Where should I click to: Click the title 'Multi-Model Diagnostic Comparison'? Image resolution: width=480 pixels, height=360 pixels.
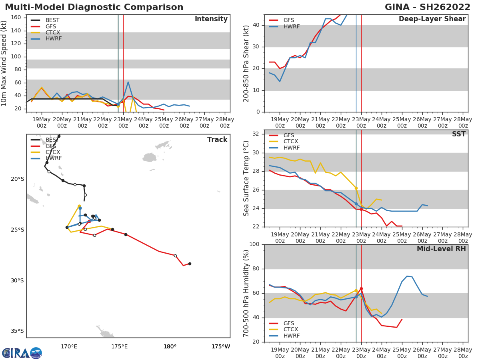tap(94, 7)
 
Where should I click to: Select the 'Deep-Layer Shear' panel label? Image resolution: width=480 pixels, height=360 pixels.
tap(432, 19)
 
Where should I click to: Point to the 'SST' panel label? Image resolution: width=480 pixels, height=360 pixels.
tap(458, 134)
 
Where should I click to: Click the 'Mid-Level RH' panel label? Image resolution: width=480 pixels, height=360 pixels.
tap(441, 249)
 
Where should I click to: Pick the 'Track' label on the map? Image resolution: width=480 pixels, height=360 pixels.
tap(217, 140)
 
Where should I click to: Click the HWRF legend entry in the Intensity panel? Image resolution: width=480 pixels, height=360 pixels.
tap(54, 39)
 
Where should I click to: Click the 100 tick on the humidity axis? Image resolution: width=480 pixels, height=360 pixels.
tap(254, 244)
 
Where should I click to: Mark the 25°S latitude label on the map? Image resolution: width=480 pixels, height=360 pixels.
tap(18, 230)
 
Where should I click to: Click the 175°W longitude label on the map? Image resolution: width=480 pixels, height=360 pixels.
tap(221, 346)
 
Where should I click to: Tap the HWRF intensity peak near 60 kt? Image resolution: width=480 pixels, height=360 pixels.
tap(128, 82)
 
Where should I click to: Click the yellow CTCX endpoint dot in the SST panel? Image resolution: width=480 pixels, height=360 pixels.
tap(356, 188)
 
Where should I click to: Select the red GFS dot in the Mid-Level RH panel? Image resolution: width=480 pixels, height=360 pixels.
tap(361, 288)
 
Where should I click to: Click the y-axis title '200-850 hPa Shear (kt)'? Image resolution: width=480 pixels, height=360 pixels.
tap(246, 63)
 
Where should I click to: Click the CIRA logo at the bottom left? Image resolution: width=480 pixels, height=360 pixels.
tap(22, 353)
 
